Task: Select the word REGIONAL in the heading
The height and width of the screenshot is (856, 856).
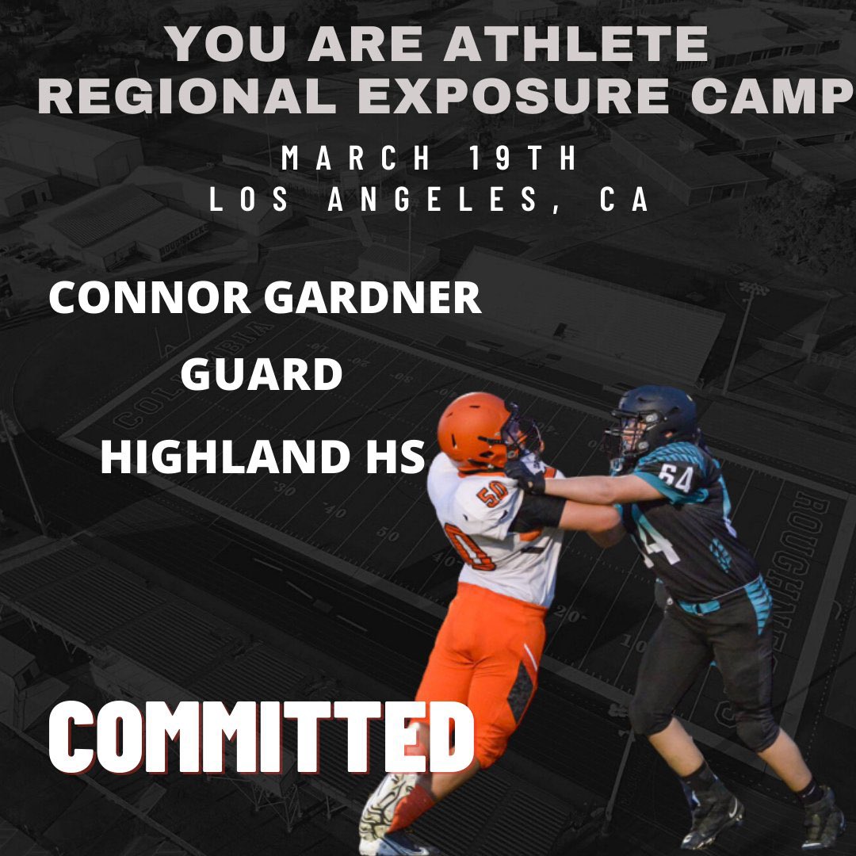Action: tap(188, 95)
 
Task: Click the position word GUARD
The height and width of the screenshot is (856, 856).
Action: tap(261, 376)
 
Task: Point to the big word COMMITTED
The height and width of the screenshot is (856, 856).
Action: tap(261, 736)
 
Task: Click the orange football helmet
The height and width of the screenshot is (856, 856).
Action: tap(476, 429)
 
